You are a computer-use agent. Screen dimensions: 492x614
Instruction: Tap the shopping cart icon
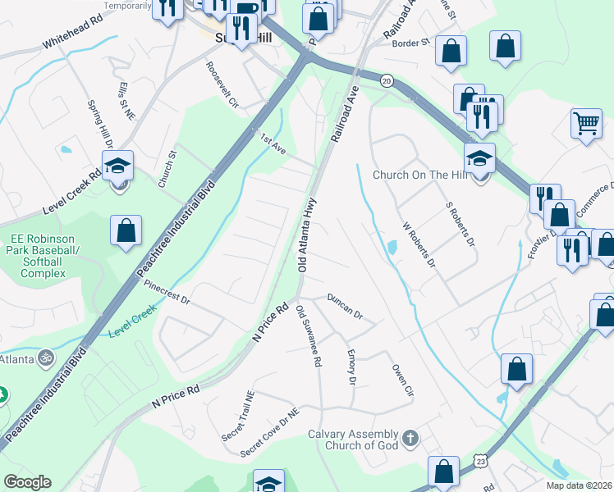click(x=587, y=125)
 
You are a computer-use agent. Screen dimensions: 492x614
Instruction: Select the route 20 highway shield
click(x=386, y=80)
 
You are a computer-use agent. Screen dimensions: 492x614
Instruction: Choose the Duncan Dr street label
click(x=345, y=304)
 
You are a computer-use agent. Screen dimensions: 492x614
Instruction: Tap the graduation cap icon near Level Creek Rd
click(x=119, y=166)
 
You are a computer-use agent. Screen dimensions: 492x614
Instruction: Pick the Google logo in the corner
click(x=27, y=482)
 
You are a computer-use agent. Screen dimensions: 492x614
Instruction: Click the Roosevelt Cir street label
click(x=221, y=85)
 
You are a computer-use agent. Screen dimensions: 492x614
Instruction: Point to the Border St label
click(x=411, y=43)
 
